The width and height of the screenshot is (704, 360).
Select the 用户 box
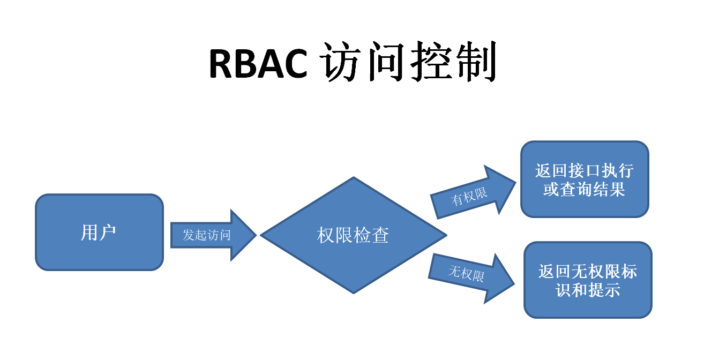(99, 232)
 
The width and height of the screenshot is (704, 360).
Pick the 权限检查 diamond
(354, 235)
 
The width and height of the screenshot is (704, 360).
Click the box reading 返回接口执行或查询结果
(585, 179)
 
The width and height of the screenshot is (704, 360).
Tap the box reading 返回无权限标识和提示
(588, 280)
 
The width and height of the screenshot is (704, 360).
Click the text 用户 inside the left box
(99, 232)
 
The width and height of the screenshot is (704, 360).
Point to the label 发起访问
(206, 235)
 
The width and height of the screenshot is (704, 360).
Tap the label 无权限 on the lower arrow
(466, 274)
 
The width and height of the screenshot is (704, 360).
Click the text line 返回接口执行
(585, 171)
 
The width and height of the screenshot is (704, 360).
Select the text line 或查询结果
(585, 189)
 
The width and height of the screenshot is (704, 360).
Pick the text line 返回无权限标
(588, 271)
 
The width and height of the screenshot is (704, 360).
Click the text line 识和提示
(588, 289)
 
